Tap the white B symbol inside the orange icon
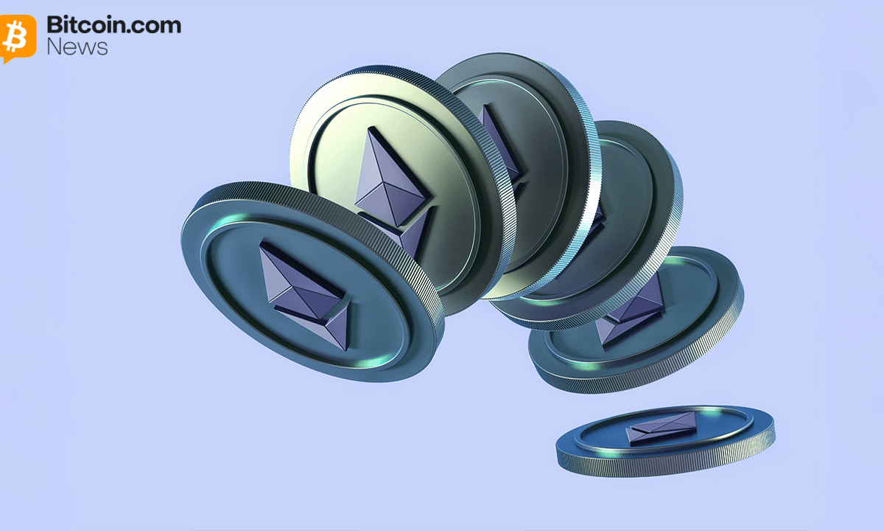point(15,36)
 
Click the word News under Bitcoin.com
point(77,47)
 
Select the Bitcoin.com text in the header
point(114,24)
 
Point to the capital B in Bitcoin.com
point(55,25)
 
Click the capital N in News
point(54,47)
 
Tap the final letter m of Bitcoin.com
point(170,27)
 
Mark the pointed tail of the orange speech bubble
point(5,60)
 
